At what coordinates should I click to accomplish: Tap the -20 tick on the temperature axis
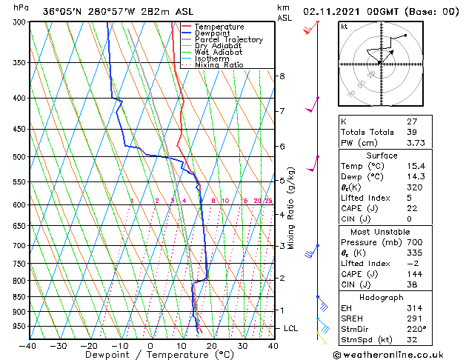coord(89,346)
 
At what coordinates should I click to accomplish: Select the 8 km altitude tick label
coord(282,76)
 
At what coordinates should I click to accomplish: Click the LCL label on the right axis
coord(292,328)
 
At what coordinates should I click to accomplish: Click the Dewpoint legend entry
coord(213,33)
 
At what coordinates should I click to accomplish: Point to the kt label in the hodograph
coord(344,26)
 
